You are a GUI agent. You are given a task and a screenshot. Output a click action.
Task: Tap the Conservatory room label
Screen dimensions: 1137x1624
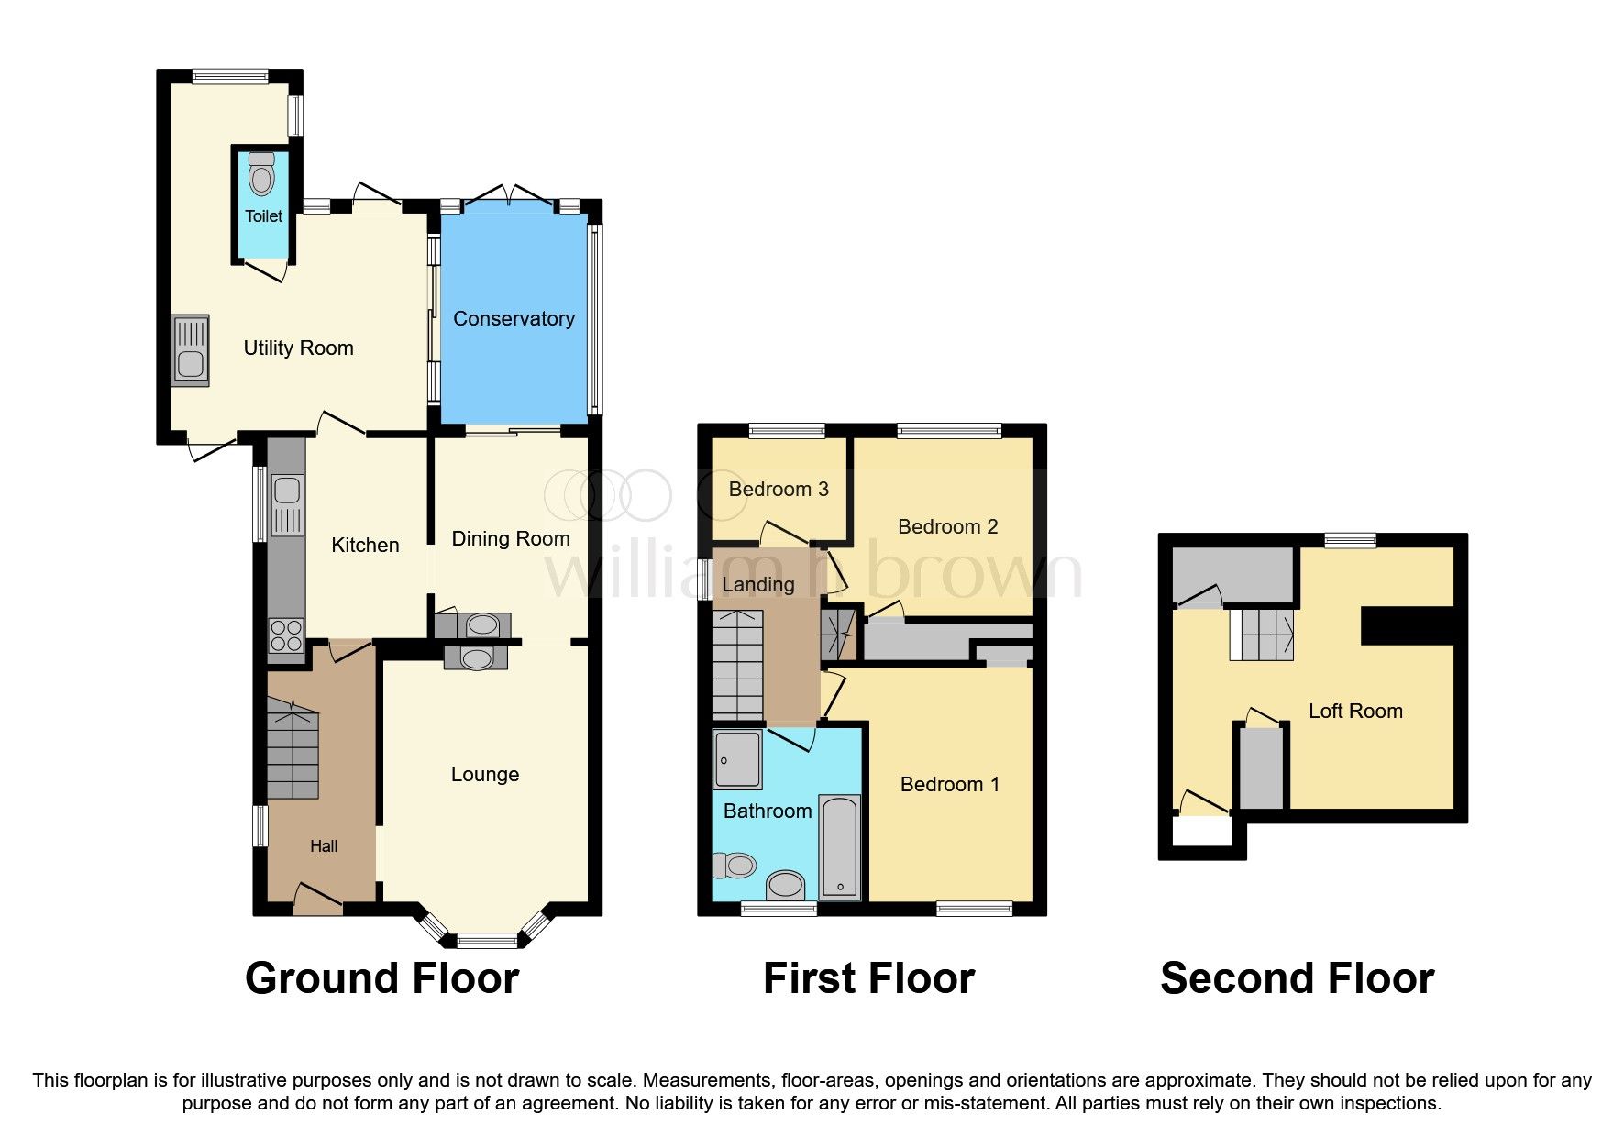pos(514,318)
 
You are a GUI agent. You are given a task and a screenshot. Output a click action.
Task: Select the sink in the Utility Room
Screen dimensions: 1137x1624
pos(191,351)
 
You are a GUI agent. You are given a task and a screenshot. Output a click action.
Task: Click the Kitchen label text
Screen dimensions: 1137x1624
pos(365,545)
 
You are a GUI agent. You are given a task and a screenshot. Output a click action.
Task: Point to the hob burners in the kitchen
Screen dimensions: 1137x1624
pos(286,635)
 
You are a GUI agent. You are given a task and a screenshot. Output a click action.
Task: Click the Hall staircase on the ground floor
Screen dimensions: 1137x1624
pos(293,748)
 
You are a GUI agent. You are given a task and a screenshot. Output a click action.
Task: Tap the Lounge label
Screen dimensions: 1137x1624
pos(484,774)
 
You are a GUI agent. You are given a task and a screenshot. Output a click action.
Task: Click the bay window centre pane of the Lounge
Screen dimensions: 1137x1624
pos(487,940)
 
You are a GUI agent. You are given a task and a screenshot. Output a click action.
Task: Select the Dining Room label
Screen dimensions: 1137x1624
pos(510,538)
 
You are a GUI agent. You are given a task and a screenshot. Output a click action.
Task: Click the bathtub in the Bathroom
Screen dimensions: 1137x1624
pos(839,846)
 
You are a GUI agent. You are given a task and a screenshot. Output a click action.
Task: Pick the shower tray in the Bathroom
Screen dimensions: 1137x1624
pos(737,759)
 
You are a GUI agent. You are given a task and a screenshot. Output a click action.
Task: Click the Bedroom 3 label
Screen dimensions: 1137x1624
pos(778,489)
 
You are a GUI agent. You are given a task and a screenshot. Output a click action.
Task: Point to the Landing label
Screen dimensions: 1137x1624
pos(757,584)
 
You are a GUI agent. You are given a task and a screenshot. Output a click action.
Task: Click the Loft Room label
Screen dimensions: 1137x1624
pos(1354,711)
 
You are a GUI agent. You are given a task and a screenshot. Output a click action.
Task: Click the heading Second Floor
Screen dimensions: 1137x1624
pos(1297,978)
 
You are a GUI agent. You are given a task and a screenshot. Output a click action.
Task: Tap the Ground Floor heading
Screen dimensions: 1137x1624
pos(381,978)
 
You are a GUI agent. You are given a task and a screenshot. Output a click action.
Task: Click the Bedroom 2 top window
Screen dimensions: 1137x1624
pos(948,430)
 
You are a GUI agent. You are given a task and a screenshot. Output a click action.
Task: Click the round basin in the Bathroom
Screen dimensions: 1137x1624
pos(785,886)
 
